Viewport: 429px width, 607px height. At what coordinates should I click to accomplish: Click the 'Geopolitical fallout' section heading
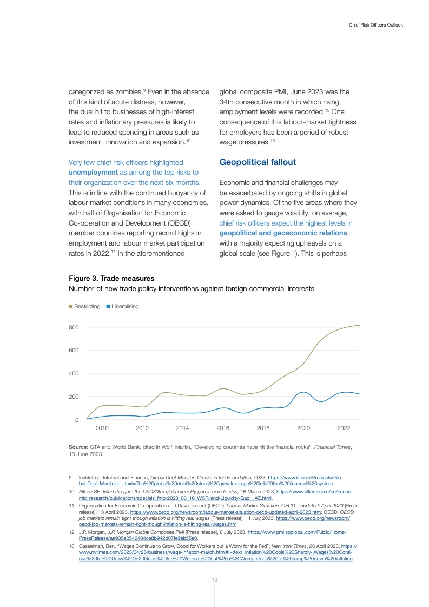point(257,162)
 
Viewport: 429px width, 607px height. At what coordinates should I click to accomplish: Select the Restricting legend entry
point(84,306)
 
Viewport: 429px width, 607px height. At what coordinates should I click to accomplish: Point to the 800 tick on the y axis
point(74,327)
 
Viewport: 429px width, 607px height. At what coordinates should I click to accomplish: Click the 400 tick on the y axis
point(74,373)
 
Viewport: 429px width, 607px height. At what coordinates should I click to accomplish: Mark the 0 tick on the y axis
point(77,420)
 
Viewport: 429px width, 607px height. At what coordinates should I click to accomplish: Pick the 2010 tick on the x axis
point(102,428)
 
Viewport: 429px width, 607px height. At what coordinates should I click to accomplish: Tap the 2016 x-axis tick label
point(223,428)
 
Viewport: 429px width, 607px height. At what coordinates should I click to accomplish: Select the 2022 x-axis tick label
point(344,428)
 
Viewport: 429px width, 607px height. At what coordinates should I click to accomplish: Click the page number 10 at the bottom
point(214,579)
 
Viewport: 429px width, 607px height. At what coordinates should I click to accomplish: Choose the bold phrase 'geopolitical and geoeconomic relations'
point(283,233)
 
